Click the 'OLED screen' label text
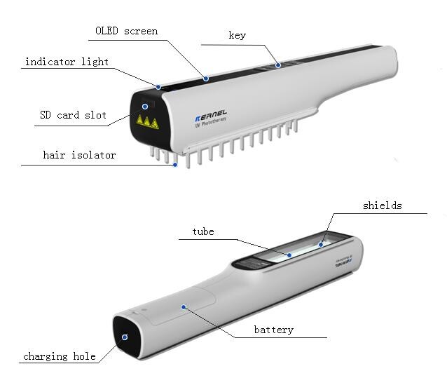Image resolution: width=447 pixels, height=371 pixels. [x=127, y=31]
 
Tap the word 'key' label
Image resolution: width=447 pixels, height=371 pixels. [x=238, y=35]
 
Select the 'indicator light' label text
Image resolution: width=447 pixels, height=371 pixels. [x=67, y=62]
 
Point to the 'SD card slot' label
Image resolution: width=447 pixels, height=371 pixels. [x=74, y=115]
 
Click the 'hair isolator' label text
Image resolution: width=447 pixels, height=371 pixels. [x=80, y=155]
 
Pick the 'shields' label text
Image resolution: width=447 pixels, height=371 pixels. [x=383, y=205]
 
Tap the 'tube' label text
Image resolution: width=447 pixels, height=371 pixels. [x=203, y=231]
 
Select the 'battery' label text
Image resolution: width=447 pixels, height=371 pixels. [x=274, y=330]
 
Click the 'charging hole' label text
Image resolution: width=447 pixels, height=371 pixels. [x=60, y=356]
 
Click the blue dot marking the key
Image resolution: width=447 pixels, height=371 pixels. [x=278, y=65]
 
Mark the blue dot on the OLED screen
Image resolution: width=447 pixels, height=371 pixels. [x=206, y=79]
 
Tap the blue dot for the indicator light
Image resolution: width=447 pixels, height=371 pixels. [x=158, y=87]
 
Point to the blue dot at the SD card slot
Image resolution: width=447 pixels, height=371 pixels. [x=145, y=107]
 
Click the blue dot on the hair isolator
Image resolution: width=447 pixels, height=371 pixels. [x=175, y=165]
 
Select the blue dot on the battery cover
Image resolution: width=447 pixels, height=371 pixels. [x=184, y=307]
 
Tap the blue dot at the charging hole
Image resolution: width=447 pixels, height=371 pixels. [x=125, y=337]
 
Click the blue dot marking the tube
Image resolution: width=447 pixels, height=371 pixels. [x=289, y=255]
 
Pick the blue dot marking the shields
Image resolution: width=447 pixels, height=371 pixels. [x=321, y=245]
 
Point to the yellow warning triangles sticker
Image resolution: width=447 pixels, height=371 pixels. [x=147, y=121]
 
